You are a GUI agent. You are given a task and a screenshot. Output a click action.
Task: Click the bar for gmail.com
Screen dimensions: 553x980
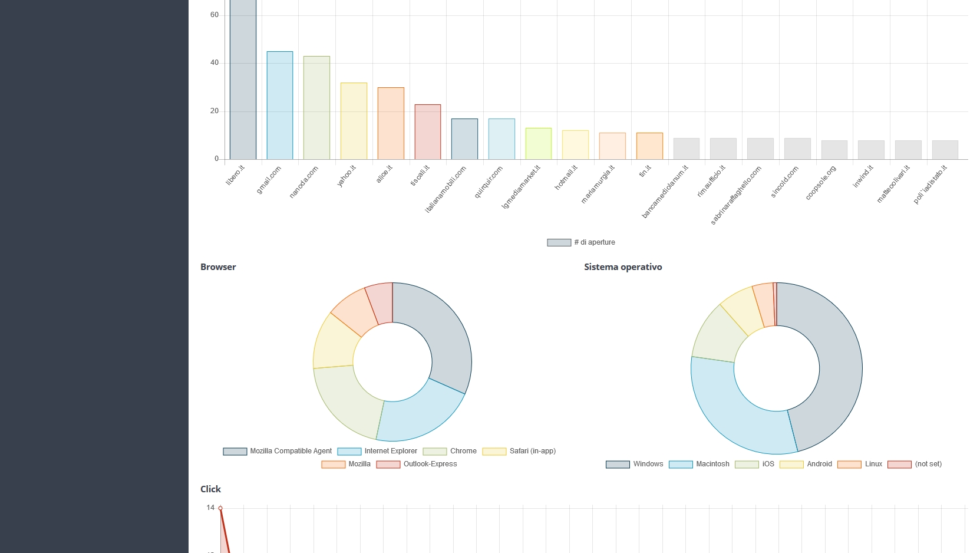click(280, 106)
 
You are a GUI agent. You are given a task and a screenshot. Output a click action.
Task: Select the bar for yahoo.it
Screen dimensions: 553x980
click(354, 121)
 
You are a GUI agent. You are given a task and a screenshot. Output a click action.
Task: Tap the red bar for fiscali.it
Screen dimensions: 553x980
click(428, 132)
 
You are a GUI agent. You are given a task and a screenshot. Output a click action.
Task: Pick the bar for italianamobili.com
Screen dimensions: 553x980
click(464, 139)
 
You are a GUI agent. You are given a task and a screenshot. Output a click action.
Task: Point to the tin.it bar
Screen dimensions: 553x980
click(649, 146)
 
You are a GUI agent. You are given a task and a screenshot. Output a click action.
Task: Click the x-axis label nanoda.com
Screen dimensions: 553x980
click(304, 182)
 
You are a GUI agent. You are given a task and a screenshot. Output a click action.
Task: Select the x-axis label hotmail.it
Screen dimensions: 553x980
click(566, 177)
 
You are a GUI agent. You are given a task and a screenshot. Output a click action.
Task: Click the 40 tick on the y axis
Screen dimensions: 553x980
click(215, 62)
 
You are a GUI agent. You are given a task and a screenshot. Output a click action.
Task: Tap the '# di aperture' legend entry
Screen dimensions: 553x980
click(581, 242)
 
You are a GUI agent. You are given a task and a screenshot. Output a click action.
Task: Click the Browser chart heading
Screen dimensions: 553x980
click(218, 267)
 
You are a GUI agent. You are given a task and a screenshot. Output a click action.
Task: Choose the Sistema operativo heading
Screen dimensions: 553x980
click(623, 267)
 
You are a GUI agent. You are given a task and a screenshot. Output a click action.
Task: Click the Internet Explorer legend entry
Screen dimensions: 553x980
click(378, 451)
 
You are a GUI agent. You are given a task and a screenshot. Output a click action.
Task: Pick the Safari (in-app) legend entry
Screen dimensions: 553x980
click(519, 451)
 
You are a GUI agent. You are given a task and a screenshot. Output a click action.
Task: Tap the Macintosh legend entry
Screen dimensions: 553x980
click(699, 464)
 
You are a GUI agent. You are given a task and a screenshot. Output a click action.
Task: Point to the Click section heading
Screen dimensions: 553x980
click(210, 489)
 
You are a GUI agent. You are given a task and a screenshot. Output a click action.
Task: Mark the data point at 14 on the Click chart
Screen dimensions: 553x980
click(220, 508)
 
